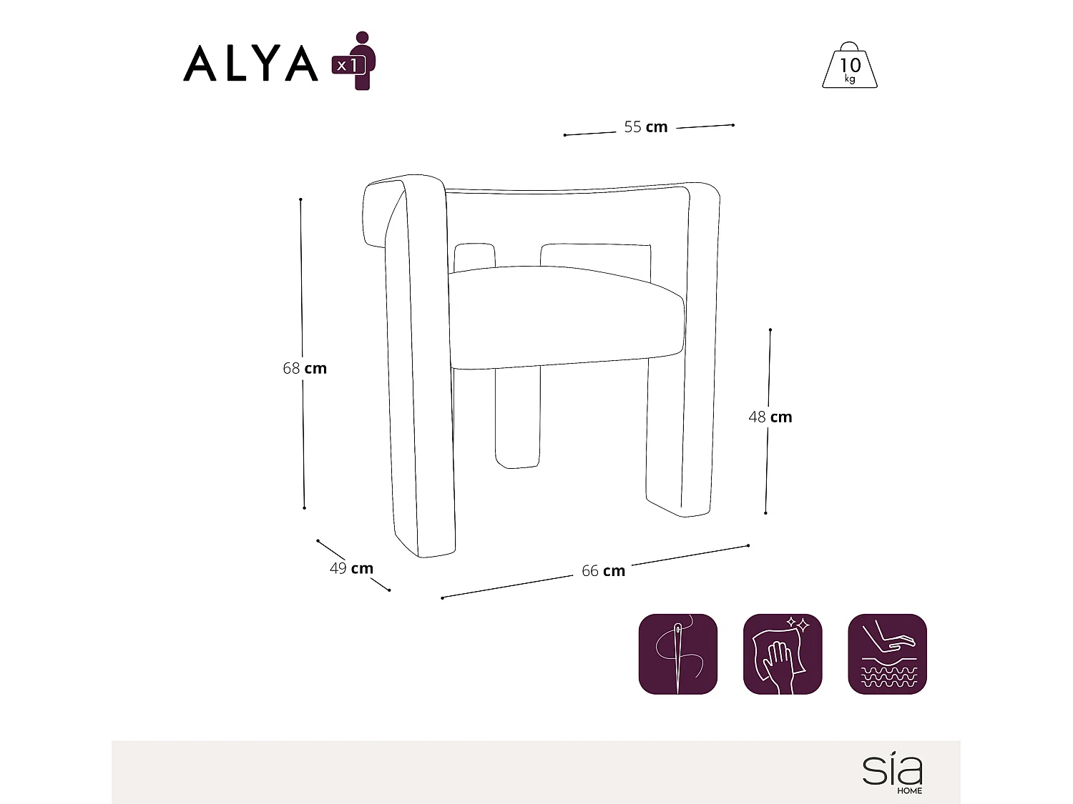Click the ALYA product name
click(250, 64)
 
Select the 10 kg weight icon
click(850, 66)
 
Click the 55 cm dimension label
click(645, 127)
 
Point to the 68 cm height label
click(305, 369)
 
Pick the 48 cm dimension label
click(770, 417)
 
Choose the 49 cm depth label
click(351, 569)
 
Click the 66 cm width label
click(603, 571)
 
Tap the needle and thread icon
click(677, 654)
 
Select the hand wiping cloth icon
click(783, 654)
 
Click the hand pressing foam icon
click(887, 654)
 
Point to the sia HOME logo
click(893, 773)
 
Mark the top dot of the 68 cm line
click(300, 199)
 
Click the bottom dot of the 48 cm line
click(766, 513)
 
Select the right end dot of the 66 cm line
click(748, 545)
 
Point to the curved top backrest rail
click(565, 190)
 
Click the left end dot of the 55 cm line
click(564, 134)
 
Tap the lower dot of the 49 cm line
click(389, 590)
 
